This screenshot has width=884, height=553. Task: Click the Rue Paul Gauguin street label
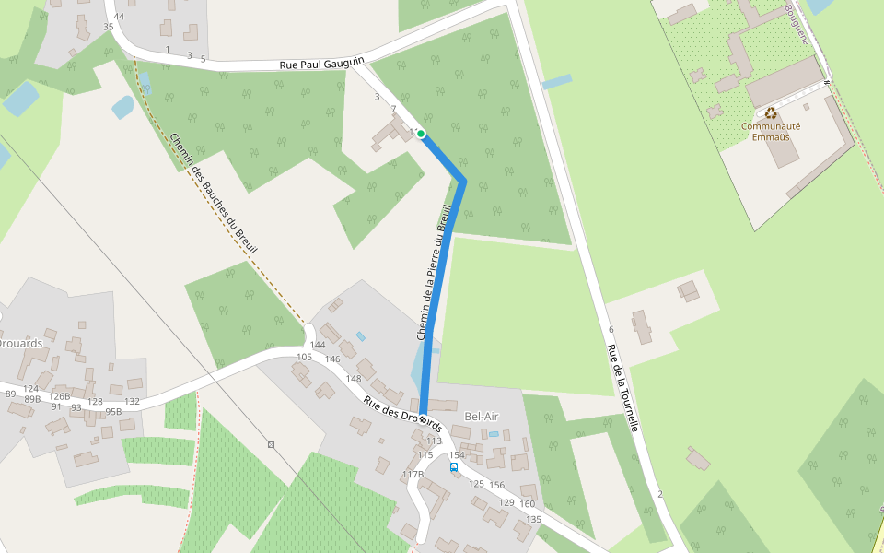[x=322, y=65]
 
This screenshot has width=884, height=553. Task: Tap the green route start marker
[x=421, y=135]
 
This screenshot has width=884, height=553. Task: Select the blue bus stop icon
[x=454, y=467]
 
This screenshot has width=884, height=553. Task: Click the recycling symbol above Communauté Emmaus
[x=771, y=114]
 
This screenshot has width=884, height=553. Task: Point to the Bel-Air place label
[x=481, y=416]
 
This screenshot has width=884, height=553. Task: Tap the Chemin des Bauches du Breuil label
[x=214, y=194]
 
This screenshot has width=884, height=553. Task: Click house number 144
[x=318, y=346]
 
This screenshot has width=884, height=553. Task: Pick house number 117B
[x=413, y=475]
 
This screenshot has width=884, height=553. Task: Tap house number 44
[x=119, y=17]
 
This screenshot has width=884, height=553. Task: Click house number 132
[x=132, y=401]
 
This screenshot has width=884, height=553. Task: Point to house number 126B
[x=60, y=396]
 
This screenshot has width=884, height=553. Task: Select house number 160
[x=527, y=503]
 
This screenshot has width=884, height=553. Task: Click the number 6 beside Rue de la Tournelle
[x=611, y=330]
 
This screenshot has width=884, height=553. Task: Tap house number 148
[x=354, y=379]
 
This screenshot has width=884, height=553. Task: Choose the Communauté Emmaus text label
[x=771, y=132]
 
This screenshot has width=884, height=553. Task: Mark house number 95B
[x=113, y=412]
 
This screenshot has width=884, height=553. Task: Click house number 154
[x=457, y=455]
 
